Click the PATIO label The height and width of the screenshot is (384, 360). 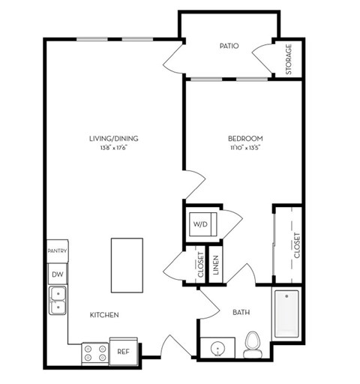tap(229, 46)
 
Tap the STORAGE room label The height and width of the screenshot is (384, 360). tap(289, 59)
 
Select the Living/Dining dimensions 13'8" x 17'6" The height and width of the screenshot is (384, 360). tap(114, 148)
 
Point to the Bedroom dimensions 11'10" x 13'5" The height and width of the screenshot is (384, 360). tap(245, 148)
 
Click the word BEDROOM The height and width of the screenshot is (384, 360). tap(245, 138)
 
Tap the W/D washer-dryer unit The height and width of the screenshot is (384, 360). tap(203, 224)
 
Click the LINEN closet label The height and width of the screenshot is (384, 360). tap(216, 265)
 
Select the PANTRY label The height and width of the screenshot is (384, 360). tap(57, 250)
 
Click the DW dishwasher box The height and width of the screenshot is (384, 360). tap(58, 274)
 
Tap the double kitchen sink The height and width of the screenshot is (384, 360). tap(58, 301)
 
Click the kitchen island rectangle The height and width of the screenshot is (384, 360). tap(127, 265)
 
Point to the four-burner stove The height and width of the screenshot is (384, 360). tap(95, 353)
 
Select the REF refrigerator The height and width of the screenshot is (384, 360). tap(124, 351)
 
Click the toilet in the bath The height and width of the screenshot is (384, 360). tap(253, 344)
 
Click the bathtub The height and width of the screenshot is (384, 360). tap(286, 313)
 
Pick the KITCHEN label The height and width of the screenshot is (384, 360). tap(104, 315)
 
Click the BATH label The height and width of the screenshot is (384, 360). tap(241, 312)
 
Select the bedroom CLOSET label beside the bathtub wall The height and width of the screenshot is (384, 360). tap(297, 245)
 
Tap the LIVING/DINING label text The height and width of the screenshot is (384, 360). tap(114, 139)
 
